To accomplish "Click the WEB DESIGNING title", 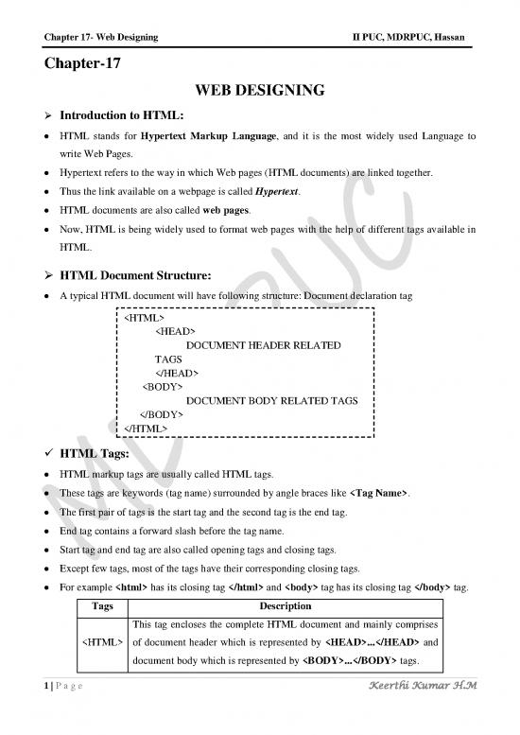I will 260,91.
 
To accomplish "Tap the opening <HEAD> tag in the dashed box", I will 175,331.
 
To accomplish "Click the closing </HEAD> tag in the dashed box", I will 177,373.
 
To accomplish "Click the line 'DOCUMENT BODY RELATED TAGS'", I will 272,400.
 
